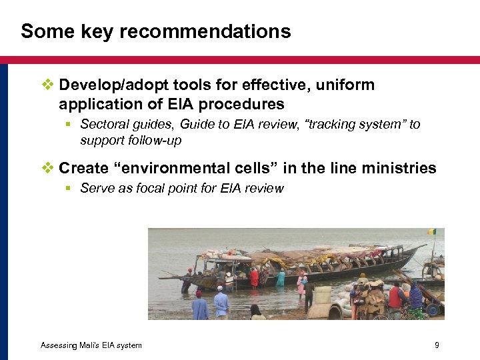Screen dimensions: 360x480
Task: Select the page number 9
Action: coord(436,345)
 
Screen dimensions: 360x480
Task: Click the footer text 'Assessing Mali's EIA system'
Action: coord(91,345)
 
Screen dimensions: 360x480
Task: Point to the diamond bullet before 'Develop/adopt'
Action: coord(47,85)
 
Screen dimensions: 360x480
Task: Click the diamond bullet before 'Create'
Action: coord(47,168)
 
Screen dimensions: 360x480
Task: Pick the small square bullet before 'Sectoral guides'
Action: coord(69,124)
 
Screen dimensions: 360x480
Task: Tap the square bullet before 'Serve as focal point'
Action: coord(69,188)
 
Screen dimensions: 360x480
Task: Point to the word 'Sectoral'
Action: coord(103,124)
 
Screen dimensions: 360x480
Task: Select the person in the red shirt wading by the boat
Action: coord(254,277)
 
